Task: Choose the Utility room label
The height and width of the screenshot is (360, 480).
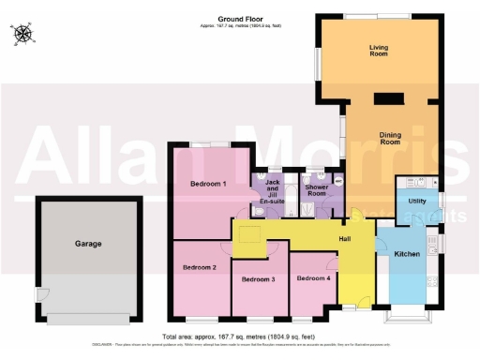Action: coord(417,202)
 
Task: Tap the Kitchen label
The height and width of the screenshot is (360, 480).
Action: coord(406,254)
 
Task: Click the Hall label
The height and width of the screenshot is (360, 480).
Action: coord(345,240)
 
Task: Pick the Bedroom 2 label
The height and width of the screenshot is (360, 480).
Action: coord(200,267)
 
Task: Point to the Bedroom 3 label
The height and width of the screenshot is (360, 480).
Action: coord(258,279)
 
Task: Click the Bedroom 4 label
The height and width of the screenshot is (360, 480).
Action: coord(313,278)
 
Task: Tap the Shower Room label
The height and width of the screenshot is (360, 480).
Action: coord(310,188)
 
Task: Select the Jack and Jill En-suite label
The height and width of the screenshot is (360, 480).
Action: coord(273,190)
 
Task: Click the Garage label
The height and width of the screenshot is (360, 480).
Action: coord(88,244)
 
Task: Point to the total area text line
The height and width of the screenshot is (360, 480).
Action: coord(239,336)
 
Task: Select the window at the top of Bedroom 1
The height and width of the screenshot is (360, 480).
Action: coord(208,143)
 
